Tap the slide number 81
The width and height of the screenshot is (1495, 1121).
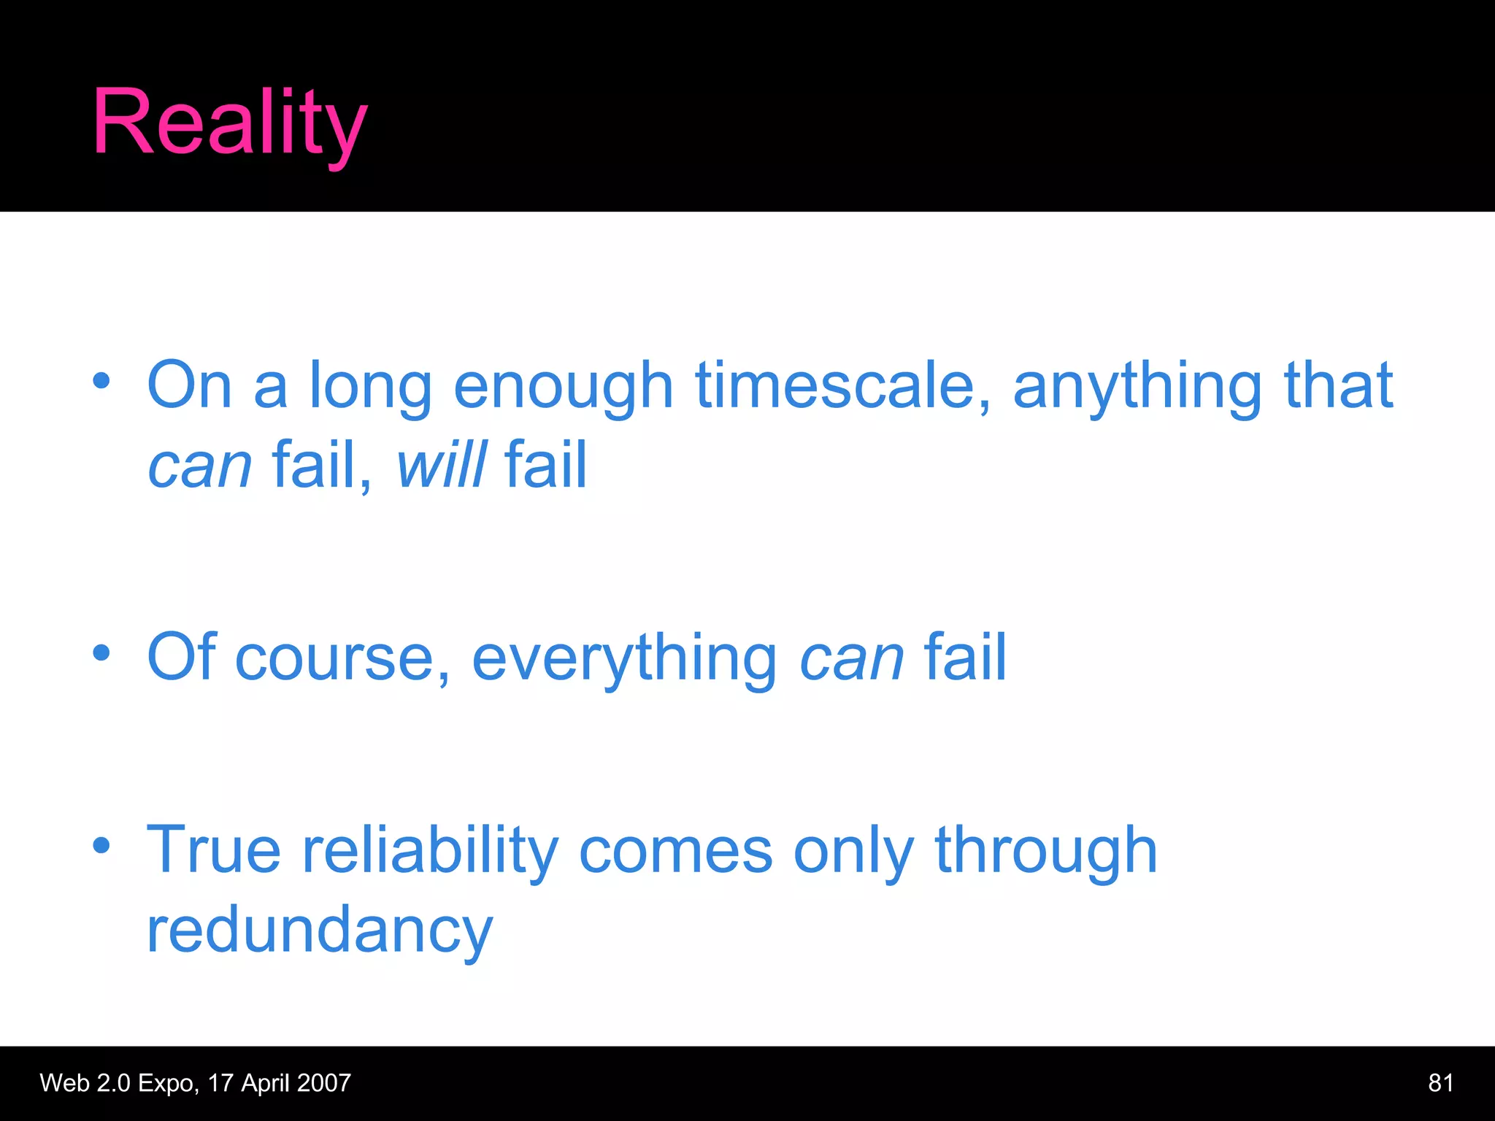(x=1440, y=1082)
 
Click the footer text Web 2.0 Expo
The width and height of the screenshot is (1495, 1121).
(x=117, y=1083)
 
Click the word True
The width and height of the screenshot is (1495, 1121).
(x=213, y=850)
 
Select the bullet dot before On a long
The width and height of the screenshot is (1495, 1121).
(x=101, y=380)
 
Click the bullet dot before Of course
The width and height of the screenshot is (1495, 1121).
(x=101, y=652)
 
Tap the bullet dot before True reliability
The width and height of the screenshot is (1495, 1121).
(x=101, y=845)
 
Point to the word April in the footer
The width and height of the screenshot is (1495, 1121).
(x=265, y=1083)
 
